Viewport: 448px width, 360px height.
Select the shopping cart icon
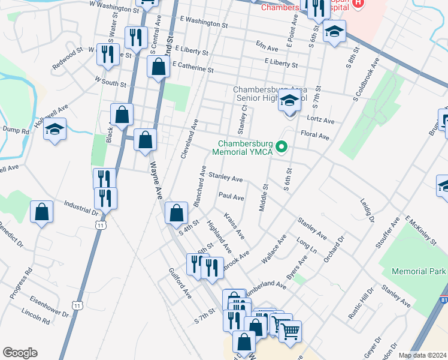pyautogui.click(x=290, y=331)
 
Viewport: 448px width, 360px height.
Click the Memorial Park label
pyautogui.click(x=419, y=272)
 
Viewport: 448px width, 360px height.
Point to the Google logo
pyautogui.click(x=20, y=353)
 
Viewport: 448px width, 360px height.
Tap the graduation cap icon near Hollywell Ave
pyautogui.click(x=55, y=129)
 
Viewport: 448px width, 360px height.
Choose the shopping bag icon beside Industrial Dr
pyautogui.click(x=41, y=212)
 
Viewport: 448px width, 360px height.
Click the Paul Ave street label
pyautogui.click(x=231, y=196)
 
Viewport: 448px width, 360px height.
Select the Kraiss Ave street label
pyautogui.click(x=234, y=224)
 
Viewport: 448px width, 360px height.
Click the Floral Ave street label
pyautogui.click(x=315, y=136)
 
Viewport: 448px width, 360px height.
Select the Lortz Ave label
pyautogui.click(x=320, y=121)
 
